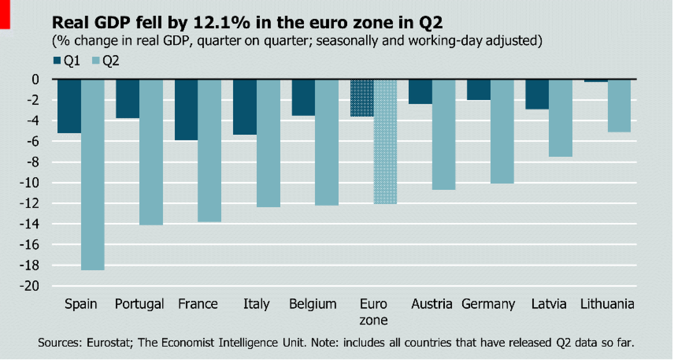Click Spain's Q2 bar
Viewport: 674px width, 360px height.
[x=93, y=174]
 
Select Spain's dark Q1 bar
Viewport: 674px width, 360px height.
[x=69, y=106]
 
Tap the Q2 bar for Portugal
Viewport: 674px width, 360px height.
[x=151, y=152]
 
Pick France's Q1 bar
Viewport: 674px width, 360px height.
[x=186, y=110]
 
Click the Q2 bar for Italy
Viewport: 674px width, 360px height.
[x=268, y=143]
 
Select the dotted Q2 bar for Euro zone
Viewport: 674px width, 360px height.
[x=385, y=142]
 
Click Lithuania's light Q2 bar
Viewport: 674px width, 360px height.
[x=620, y=106]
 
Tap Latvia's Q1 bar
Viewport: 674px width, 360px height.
[x=537, y=94]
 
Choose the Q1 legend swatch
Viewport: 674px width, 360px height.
[x=57, y=61]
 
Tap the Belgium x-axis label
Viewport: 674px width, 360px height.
[x=313, y=304]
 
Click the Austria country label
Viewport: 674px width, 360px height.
[x=431, y=304]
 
